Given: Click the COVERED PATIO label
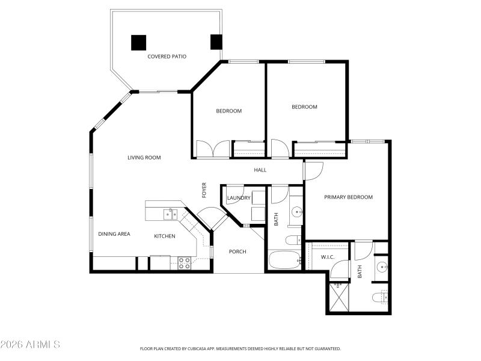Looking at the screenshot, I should point(167,57).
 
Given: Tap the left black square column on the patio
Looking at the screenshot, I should point(139,42).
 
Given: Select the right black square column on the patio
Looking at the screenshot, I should point(216,42).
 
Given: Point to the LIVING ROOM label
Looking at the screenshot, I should point(144,158).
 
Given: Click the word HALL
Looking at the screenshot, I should point(260,170).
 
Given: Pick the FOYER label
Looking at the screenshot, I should point(204,190).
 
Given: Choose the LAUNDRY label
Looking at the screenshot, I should point(238,197).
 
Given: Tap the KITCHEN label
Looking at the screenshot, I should point(164,236).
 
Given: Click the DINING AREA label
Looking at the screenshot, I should point(114,234).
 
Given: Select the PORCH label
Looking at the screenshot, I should point(237,251).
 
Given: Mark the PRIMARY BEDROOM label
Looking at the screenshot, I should point(348,197).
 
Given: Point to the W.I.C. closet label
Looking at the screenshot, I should point(328,258).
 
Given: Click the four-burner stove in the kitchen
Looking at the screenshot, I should point(184,262).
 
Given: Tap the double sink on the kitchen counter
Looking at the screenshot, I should point(170,213).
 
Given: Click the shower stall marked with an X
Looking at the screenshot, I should point(337,296).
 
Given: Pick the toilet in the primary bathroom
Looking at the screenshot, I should point(381,297).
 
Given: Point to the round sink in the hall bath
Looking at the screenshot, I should point(296,212).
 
